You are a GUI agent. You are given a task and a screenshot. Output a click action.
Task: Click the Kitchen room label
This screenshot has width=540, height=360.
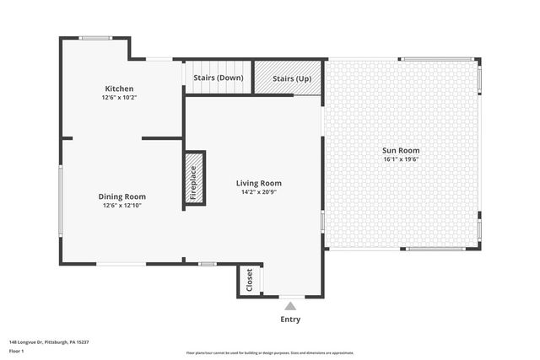click(x=119, y=89)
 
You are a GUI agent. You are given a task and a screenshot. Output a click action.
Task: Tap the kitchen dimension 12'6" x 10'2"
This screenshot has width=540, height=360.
click(x=119, y=97)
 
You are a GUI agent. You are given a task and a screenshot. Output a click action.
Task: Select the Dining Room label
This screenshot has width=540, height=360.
click(x=122, y=196)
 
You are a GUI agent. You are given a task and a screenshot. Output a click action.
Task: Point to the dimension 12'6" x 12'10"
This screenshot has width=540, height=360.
click(x=122, y=205)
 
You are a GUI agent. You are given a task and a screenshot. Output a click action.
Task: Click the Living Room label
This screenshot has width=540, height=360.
click(x=258, y=183)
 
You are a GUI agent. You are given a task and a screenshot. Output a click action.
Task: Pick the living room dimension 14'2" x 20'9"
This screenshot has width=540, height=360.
click(x=258, y=191)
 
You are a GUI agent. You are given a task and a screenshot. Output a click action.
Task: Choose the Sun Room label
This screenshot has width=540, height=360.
click(x=402, y=150)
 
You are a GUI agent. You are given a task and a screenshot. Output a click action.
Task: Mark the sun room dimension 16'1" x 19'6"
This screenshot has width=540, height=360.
click(x=402, y=159)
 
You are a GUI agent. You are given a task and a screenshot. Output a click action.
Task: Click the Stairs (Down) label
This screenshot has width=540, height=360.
click(x=218, y=78)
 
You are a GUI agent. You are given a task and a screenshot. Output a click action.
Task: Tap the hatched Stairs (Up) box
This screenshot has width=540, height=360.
click(x=291, y=78)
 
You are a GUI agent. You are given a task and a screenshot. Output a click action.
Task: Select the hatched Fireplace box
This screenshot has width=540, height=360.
click(x=193, y=180)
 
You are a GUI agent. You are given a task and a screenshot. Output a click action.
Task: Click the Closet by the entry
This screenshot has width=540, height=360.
click(x=250, y=280)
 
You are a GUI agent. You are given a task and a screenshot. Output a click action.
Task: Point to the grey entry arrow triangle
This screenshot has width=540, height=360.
click(x=289, y=305)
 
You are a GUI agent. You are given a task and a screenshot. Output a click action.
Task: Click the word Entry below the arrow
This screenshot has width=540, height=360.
click(x=289, y=320)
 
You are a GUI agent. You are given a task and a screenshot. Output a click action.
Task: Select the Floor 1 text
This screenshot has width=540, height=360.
click(x=17, y=350)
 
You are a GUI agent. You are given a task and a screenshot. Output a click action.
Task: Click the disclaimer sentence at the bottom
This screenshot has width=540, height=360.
click(x=269, y=353)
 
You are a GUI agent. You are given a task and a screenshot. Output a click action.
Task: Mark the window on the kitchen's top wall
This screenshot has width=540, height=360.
click(x=94, y=38)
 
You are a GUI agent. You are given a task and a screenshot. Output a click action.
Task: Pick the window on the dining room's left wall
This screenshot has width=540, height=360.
click(x=60, y=199)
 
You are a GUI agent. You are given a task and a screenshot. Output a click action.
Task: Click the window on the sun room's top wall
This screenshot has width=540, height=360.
click(x=437, y=59)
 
